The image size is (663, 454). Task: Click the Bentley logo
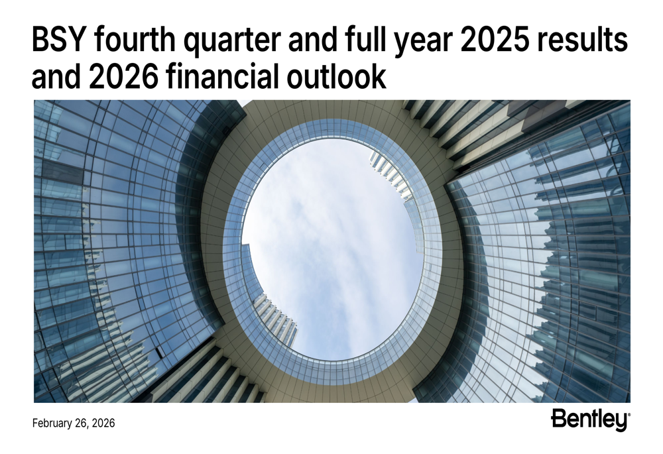588,420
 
